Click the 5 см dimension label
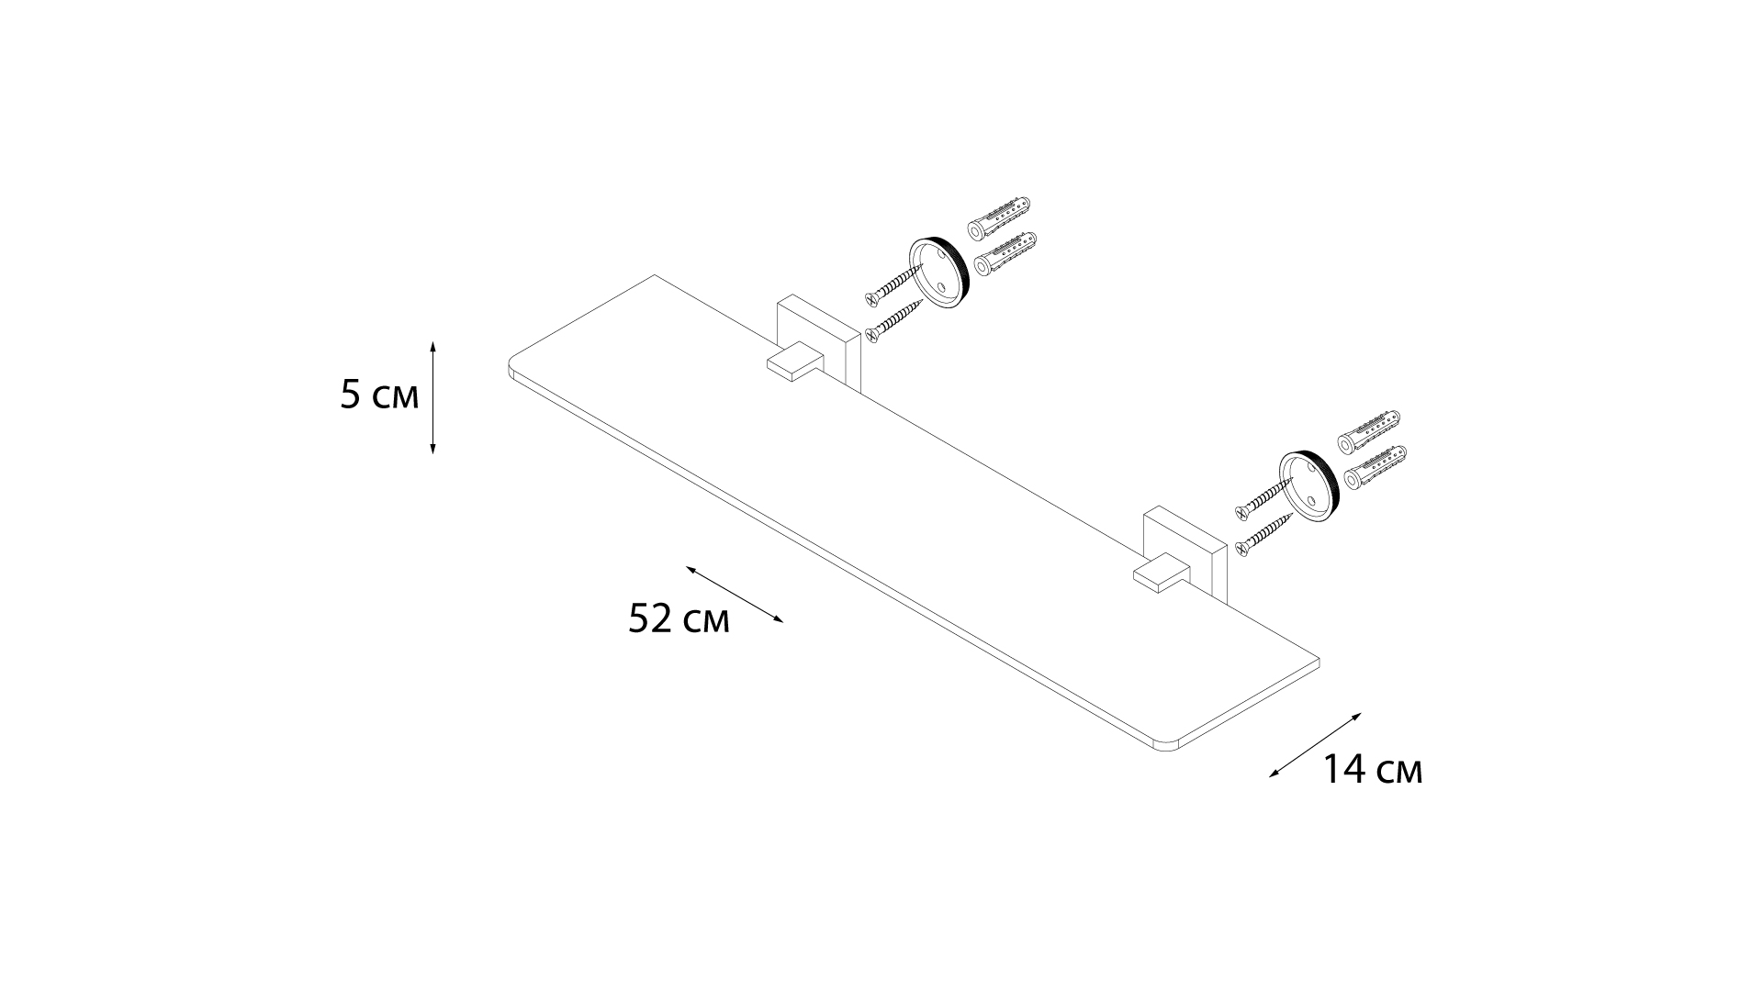tap(379, 395)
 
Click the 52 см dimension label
tap(679, 619)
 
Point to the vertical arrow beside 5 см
tap(432, 396)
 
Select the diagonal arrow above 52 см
tap(735, 595)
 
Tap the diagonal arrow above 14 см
tap(1315, 744)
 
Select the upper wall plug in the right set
tap(1369, 429)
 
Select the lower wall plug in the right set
tap(1375, 466)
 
